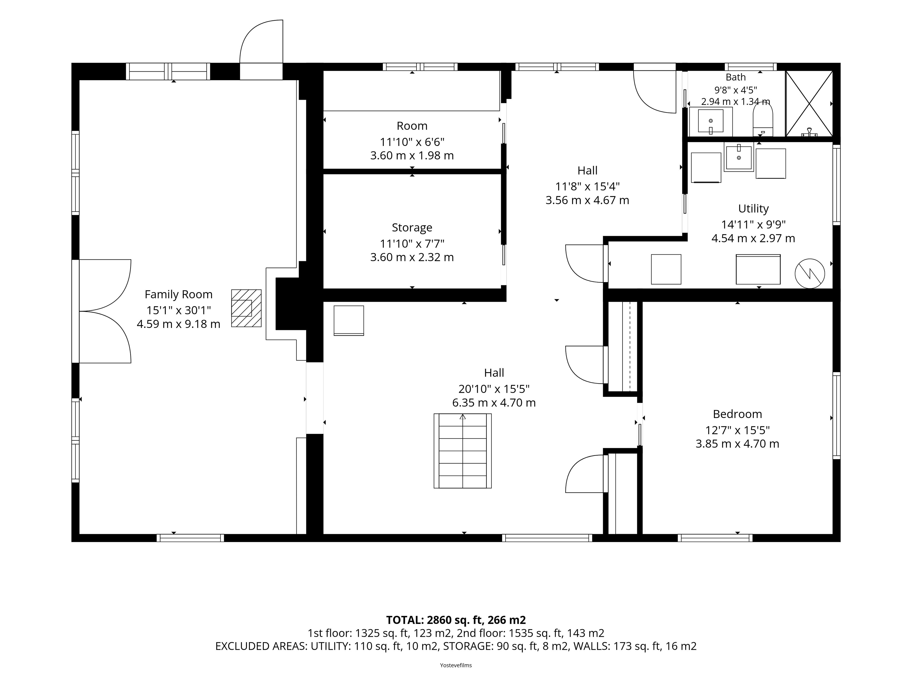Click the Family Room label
pos(179,294)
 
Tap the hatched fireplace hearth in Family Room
pos(246,308)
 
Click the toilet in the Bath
pos(763,119)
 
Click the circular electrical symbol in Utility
pos(810,273)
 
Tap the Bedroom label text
pos(738,414)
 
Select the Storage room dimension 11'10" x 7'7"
pos(412,244)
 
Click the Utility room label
pos(753,209)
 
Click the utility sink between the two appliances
pos(739,157)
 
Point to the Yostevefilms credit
pos(456,665)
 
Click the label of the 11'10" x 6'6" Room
pos(412,126)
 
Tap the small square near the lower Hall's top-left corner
pos(349,320)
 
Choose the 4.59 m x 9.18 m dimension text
pos(179,324)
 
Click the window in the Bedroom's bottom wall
pos(715,538)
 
